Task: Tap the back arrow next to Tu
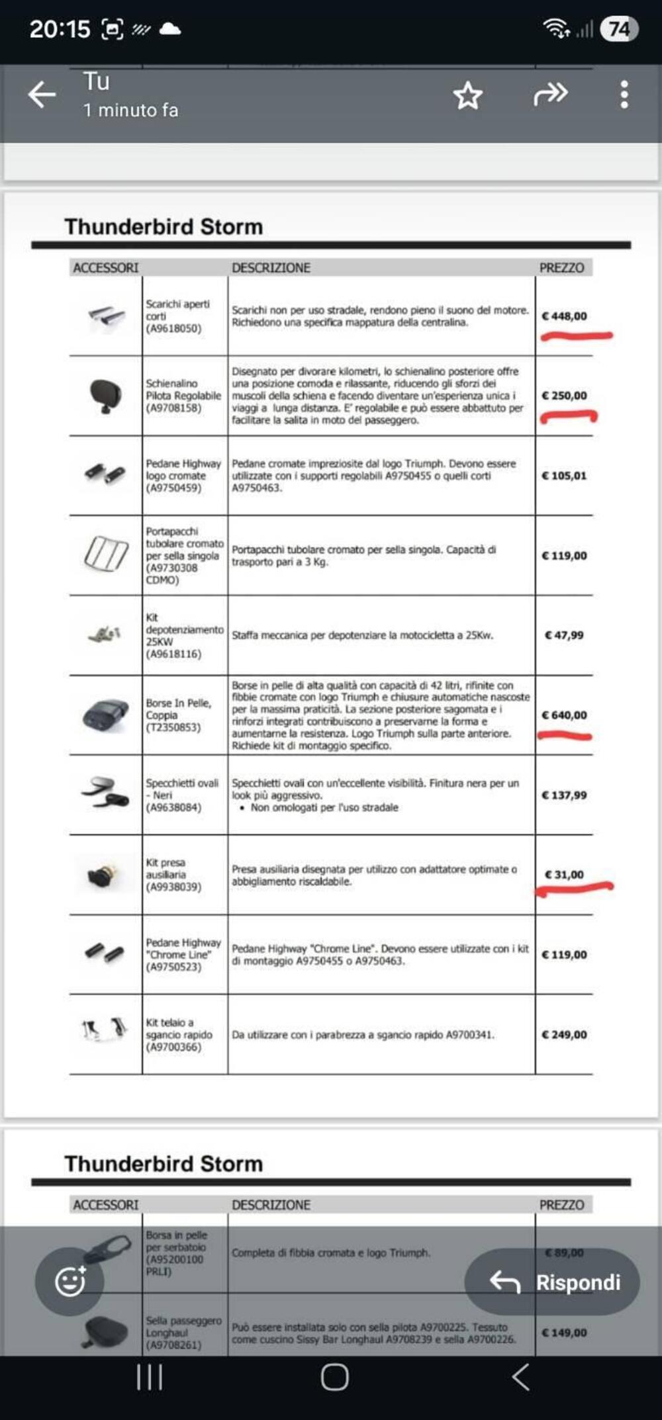(x=42, y=95)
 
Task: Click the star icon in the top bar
(x=468, y=95)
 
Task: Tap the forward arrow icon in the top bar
(x=550, y=95)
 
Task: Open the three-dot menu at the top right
(x=624, y=95)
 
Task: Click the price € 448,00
(x=564, y=316)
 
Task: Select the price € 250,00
(x=564, y=396)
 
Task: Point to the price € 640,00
(x=564, y=715)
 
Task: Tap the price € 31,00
(x=564, y=875)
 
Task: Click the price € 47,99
(x=564, y=635)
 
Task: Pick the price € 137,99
(x=564, y=795)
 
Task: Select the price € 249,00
(x=564, y=1035)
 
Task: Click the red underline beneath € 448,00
(x=576, y=337)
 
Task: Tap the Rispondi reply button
(x=552, y=1282)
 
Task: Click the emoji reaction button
(x=70, y=1282)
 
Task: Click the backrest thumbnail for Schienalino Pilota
(x=105, y=396)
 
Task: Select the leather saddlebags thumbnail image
(x=106, y=715)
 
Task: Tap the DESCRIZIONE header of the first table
(x=271, y=267)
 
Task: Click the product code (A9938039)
(x=173, y=887)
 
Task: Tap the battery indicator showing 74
(x=619, y=29)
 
